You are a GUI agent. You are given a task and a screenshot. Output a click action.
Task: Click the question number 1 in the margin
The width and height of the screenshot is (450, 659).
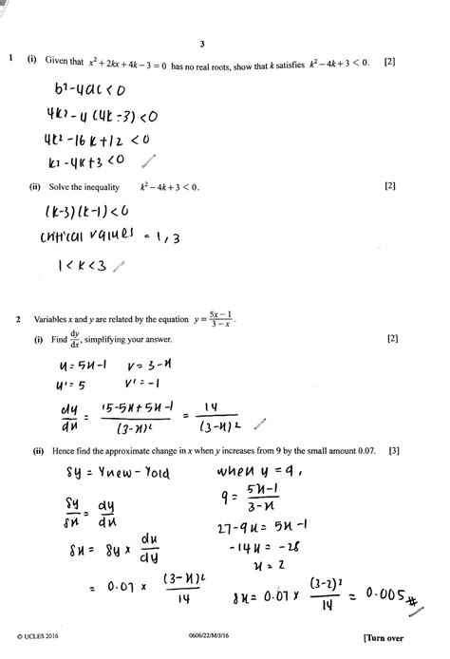[9, 61]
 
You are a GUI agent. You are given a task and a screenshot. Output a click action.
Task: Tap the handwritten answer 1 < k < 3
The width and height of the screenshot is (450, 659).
[72, 268]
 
